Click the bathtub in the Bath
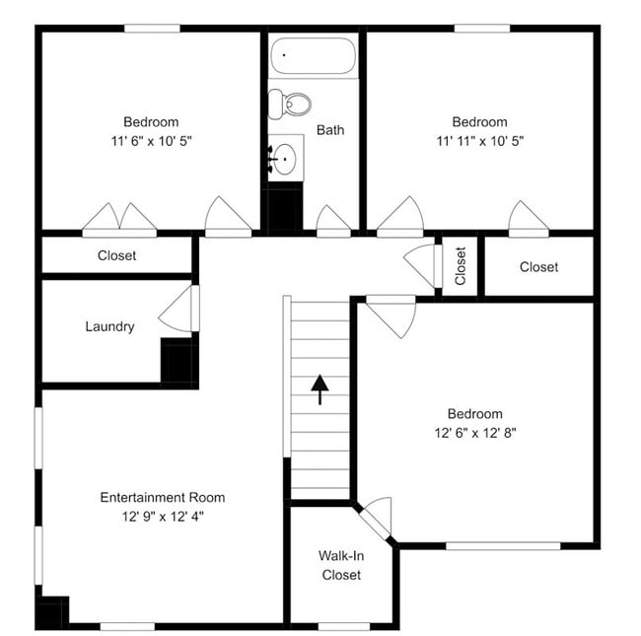coord(313,56)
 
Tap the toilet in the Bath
coord(291,103)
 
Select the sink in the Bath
coord(286,158)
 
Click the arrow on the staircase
coord(320,389)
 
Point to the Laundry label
coord(109,326)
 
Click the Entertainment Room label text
coord(163,497)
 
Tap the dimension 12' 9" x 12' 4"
coord(163,516)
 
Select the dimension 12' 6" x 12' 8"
coord(474,432)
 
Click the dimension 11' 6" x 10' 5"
coord(151,141)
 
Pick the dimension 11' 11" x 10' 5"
coord(479,141)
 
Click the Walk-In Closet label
coord(341,565)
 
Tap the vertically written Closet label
coord(461,265)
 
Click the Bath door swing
coord(332,221)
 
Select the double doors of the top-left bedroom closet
coord(119,220)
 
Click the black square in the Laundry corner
coord(178,361)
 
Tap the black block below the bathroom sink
coord(285,207)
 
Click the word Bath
coord(330,129)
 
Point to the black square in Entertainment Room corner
coord(50,611)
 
